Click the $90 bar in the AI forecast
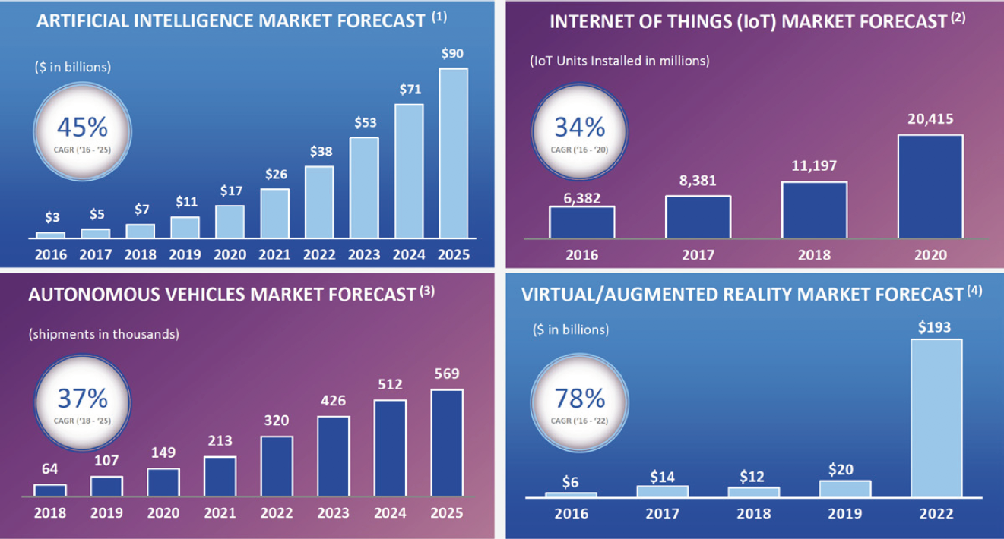pos(453,153)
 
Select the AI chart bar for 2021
pos(274,213)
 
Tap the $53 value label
pos(364,122)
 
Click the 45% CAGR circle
pos(82,130)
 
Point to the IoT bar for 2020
pos(930,187)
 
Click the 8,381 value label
pos(698,181)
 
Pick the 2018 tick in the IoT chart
pos(814,255)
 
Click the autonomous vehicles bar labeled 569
pos(447,443)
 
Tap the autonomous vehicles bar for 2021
pos(220,476)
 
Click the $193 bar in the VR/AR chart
pos(936,418)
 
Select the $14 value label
pos(662,476)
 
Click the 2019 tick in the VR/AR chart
pos(844,513)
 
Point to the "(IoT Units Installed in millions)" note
pos(619,61)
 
